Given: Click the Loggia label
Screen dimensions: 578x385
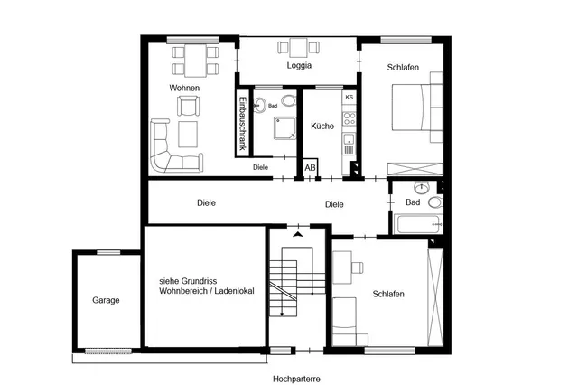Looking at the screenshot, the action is [x=299, y=66].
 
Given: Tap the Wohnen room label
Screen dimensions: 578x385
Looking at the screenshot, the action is [x=184, y=88].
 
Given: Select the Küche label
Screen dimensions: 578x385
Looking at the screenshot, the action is [x=322, y=127].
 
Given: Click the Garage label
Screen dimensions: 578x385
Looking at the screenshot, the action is [x=106, y=300].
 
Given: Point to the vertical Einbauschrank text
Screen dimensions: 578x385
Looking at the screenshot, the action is [x=242, y=124].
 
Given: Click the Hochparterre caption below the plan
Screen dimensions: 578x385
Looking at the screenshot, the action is [x=296, y=379].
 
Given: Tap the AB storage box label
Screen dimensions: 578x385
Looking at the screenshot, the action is [x=310, y=168].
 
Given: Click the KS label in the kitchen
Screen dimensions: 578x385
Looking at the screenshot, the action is [x=350, y=98].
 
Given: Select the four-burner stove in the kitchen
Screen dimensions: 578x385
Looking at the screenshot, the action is [x=350, y=118].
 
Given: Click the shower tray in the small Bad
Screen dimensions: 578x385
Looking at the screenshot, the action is [x=285, y=128].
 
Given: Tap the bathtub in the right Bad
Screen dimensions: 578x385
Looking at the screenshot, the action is [x=418, y=223].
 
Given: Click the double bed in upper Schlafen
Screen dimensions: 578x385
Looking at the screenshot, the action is [x=417, y=108].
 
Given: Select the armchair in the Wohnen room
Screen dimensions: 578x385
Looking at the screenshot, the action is [x=189, y=107].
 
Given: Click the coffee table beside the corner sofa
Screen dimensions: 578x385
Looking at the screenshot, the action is [x=188, y=135].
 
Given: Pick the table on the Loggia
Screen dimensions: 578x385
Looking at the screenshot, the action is [x=298, y=48].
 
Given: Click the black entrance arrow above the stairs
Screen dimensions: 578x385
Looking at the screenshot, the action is [x=298, y=234].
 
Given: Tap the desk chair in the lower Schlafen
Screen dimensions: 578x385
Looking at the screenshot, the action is [x=358, y=268].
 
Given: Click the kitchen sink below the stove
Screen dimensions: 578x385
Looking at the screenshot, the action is [x=349, y=139].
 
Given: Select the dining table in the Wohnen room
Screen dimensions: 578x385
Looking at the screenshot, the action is [x=195, y=61].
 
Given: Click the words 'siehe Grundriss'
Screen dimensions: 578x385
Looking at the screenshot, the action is [x=188, y=281].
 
